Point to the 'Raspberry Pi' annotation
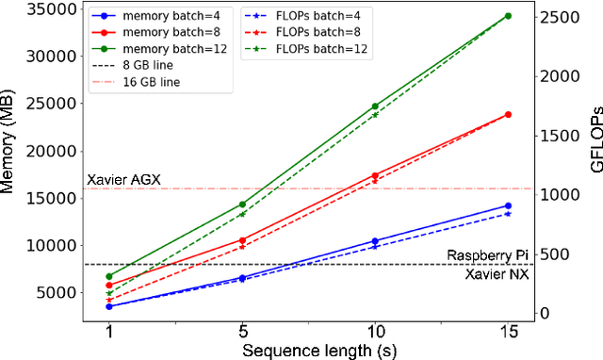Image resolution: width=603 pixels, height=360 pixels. (488, 255)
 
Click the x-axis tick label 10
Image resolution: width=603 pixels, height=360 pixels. (375, 333)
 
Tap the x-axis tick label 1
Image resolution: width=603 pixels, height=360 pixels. (109, 333)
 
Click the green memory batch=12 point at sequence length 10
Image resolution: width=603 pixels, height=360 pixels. (375, 106)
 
